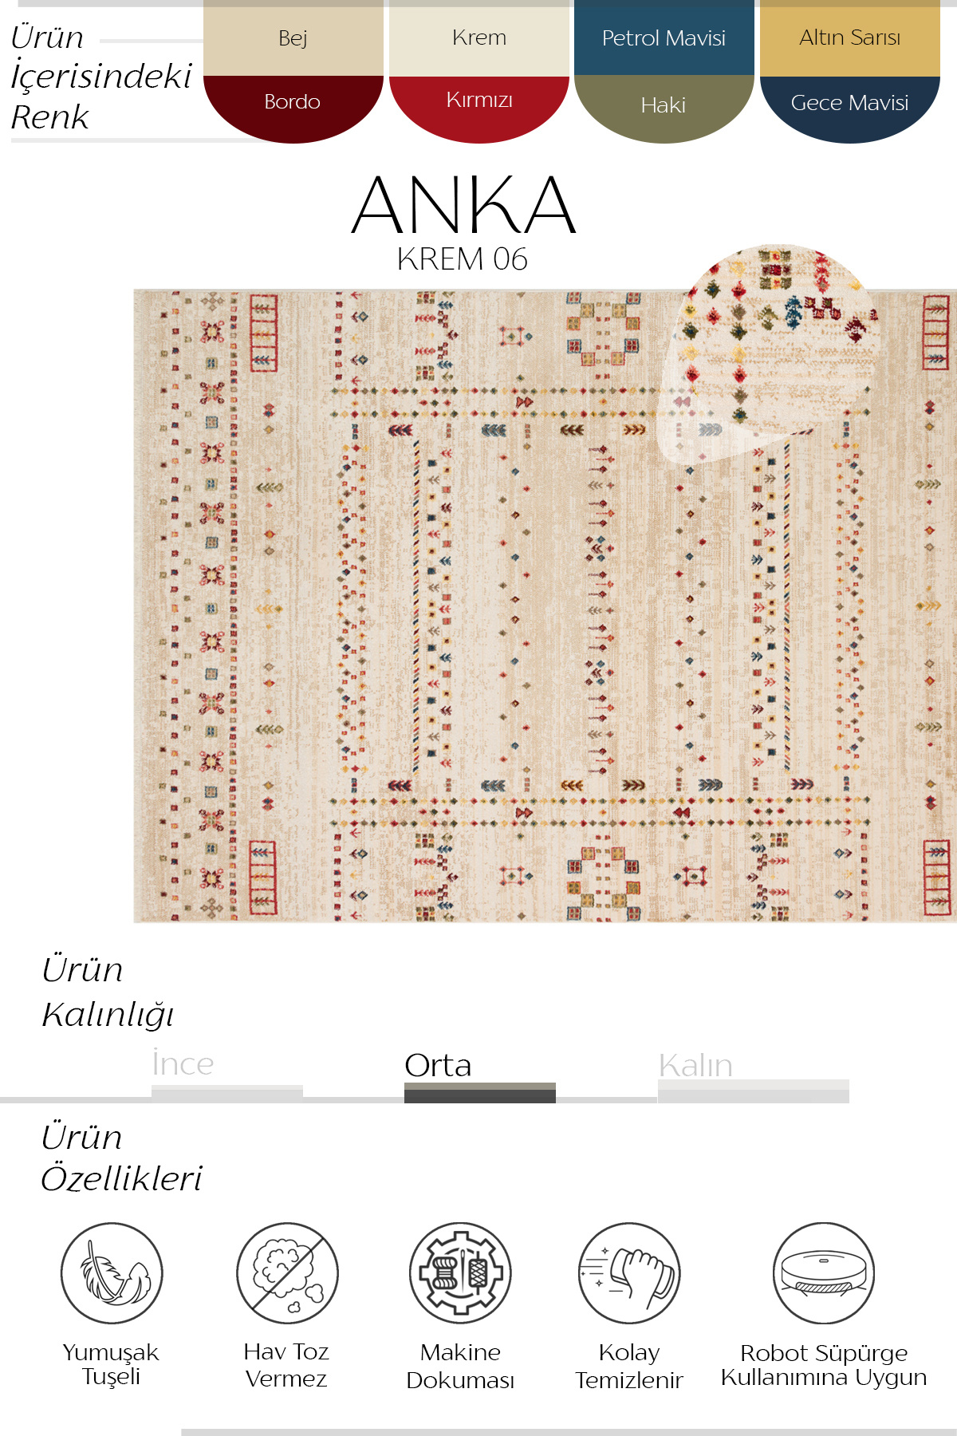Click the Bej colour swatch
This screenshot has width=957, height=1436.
click(293, 38)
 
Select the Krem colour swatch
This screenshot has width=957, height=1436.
click(478, 38)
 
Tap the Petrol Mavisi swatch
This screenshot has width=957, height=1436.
click(664, 38)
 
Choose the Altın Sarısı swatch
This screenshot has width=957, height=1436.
click(849, 38)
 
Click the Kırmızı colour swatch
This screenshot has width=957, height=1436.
click(478, 104)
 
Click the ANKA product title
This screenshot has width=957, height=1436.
click(463, 206)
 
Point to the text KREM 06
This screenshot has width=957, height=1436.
click(462, 259)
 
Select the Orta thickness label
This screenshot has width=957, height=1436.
click(438, 1066)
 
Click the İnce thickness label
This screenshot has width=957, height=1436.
click(183, 1064)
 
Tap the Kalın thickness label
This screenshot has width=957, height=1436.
click(695, 1066)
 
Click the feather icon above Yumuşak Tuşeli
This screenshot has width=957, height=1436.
click(112, 1273)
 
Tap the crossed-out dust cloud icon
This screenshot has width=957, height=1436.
click(287, 1273)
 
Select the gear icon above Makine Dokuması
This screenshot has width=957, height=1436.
click(460, 1273)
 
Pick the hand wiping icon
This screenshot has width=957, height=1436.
click(629, 1273)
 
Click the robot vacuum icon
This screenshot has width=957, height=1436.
click(823, 1273)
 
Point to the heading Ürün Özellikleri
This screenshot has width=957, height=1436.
click(121, 1158)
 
